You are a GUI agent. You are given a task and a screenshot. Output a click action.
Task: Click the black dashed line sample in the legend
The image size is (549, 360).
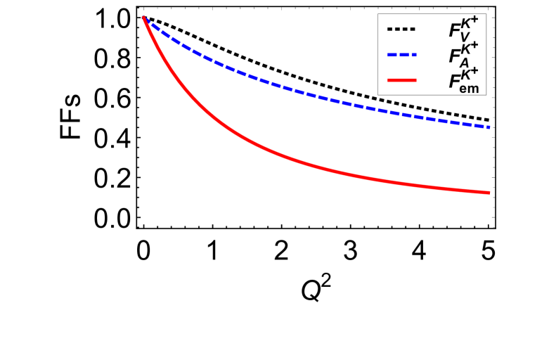coord(401,30)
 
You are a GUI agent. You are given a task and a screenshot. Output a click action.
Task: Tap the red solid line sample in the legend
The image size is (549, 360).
coord(401,80)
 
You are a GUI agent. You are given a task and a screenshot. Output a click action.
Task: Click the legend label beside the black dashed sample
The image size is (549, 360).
coord(464,30)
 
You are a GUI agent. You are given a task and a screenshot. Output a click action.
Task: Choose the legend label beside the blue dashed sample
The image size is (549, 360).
coord(464,55)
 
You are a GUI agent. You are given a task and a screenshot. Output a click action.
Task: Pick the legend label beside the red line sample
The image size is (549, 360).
coord(464,80)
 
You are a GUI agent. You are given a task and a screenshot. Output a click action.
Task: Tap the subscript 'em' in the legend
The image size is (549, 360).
coord(470,88)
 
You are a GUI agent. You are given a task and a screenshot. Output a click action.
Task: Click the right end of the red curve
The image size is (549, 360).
coord(489,192)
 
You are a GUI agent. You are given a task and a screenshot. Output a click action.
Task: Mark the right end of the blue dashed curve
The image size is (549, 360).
coord(489,127)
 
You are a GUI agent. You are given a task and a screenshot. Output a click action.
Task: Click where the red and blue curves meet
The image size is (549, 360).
coord(143,17)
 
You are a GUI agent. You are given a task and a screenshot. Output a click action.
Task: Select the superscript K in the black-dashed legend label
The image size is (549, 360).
coord(467,23)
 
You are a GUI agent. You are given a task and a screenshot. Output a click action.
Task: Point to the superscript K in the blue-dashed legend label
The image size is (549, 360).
coord(467,48)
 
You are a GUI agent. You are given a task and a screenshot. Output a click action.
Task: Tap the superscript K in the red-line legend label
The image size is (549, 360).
coord(467,73)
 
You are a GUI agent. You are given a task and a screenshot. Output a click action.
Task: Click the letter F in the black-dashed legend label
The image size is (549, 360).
coord(455,31)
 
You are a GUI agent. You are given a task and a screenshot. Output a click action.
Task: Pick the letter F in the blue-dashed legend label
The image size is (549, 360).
coord(455,56)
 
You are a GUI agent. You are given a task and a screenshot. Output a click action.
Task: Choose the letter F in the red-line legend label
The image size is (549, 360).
coord(455,82)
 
